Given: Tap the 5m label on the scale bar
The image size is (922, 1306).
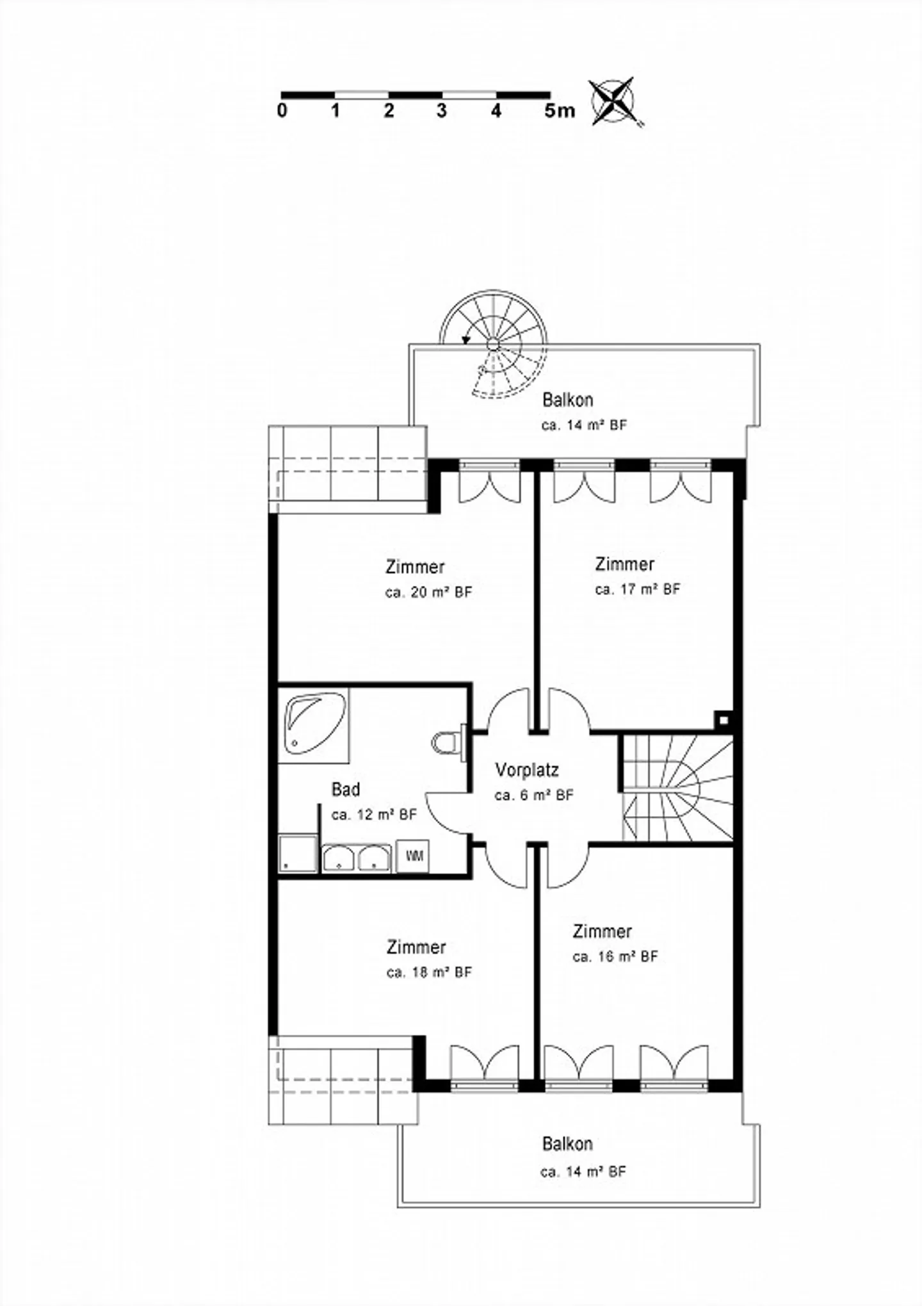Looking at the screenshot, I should click(560, 111).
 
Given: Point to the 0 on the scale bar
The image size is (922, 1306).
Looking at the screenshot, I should click(282, 111).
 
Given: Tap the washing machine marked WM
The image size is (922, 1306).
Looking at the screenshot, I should click(414, 856).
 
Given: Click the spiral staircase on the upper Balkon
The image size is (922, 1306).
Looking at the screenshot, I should click(494, 346).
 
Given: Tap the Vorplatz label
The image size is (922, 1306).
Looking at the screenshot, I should click(527, 770).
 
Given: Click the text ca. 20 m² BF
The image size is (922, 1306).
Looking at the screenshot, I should click(428, 592).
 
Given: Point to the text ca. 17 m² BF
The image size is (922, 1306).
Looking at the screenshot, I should click(638, 589).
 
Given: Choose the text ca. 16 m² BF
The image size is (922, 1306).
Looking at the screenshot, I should click(615, 956).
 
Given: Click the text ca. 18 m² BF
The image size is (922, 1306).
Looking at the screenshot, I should click(429, 972).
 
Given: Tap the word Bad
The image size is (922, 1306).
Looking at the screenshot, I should click(346, 790).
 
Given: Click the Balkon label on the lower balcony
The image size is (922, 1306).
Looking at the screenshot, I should click(567, 1143).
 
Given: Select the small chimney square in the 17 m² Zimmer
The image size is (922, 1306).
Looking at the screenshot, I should click(723, 720).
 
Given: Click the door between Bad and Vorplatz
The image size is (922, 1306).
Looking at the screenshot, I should click(448, 810).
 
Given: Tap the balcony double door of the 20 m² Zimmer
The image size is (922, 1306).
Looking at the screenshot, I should click(490, 482).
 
